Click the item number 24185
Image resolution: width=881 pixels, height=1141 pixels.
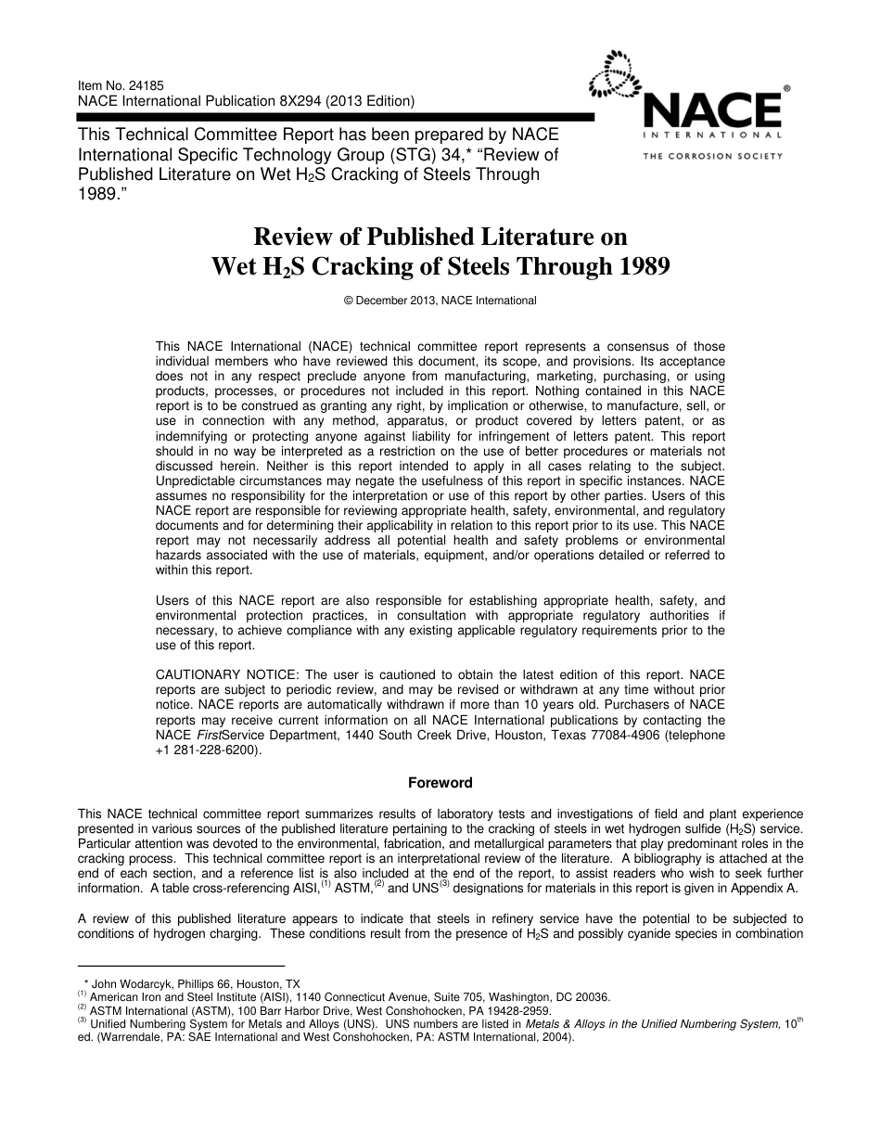pyautogui.click(x=142, y=85)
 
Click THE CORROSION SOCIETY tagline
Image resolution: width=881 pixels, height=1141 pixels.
pyautogui.click(x=713, y=156)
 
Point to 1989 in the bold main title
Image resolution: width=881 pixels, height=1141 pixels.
pyautogui.click(x=636, y=267)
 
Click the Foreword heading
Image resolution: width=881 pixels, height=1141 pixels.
pyautogui.click(x=440, y=782)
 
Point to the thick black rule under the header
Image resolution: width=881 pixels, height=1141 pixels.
pyautogui.click(x=334, y=117)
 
